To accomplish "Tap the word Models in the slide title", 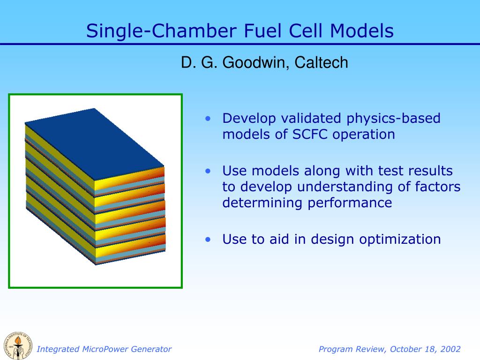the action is pos(361,31).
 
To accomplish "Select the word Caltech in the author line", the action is pos(321,62).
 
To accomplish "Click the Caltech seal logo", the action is pos(18,345).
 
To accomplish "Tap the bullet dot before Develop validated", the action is pos(208,119).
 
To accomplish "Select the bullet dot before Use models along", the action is pos(208,171).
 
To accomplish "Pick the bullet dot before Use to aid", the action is pos(208,240).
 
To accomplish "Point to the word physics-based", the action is pos(393,119).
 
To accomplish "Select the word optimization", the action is pos(400,240).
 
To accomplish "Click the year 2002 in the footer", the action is pos(450,349).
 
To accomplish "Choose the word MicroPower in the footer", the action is pos(105,349).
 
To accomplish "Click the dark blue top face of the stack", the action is pos(94,143).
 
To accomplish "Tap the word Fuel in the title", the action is pos(262,31).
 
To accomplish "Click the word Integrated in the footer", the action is pos(58,349).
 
